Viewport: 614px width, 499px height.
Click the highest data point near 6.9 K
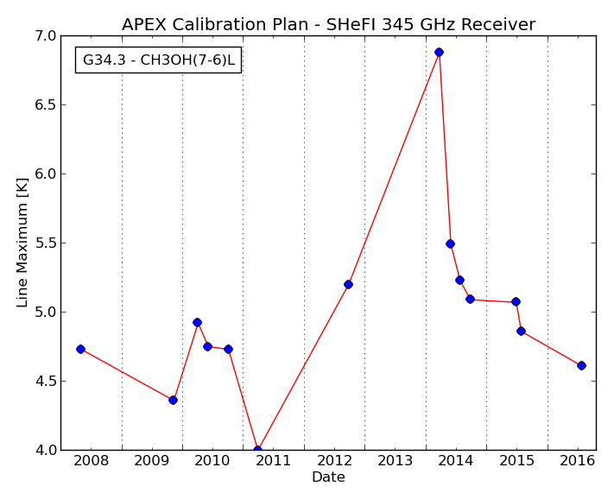(439, 52)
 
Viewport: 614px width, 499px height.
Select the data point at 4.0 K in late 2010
(257, 450)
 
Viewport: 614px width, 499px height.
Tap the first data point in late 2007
(80, 349)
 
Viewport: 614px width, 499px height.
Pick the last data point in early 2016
(581, 365)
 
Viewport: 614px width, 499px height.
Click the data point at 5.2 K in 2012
(348, 285)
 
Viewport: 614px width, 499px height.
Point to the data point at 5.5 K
(450, 243)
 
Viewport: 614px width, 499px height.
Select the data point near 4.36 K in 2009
(173, 400)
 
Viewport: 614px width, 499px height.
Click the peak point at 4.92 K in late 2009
(198, 323)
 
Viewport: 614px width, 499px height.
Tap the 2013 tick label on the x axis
(395, 461)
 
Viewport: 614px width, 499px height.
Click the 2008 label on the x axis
(91, 461)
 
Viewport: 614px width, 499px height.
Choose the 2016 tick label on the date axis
(577, 461)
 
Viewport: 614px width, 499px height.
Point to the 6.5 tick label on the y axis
(45, 104)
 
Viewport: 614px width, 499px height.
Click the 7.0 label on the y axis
(45, 36)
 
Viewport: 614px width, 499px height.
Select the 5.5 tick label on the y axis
(45, 243)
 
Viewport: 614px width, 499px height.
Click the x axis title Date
(328, 477)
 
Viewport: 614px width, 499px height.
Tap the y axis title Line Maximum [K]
(22, 243)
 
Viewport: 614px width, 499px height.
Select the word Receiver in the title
(498, 25)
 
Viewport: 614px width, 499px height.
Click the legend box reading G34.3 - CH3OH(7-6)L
(159, 60)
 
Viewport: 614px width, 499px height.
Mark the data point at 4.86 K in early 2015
(521, 332)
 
